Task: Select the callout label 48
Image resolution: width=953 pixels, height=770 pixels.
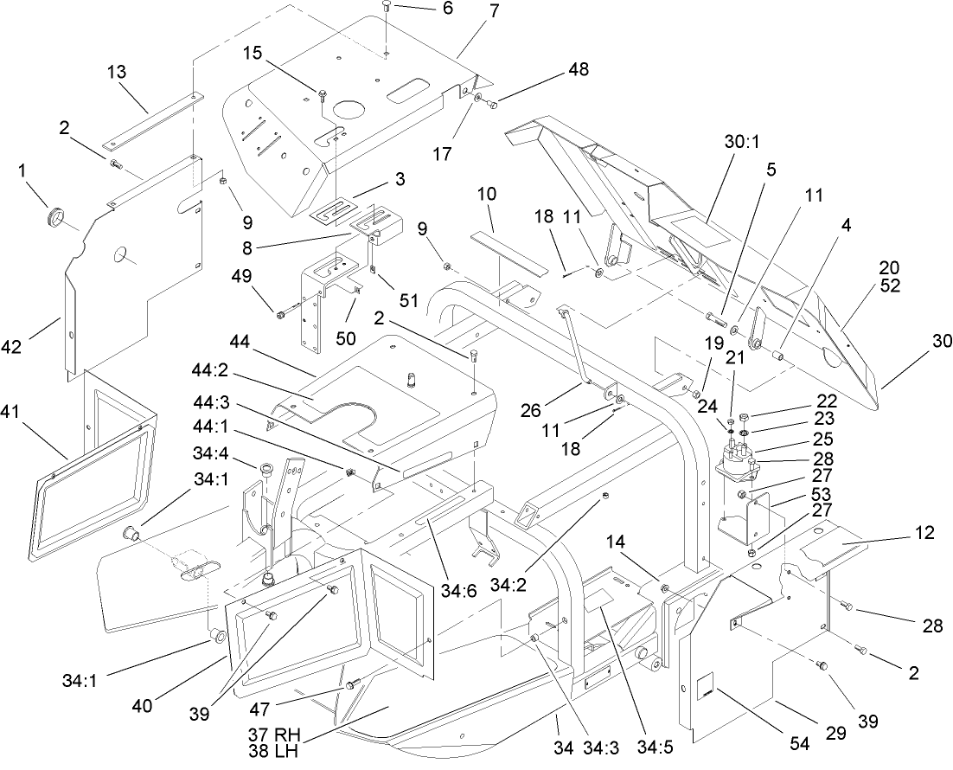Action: point(578,71)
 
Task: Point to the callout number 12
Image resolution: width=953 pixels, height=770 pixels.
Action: point(923,533)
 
